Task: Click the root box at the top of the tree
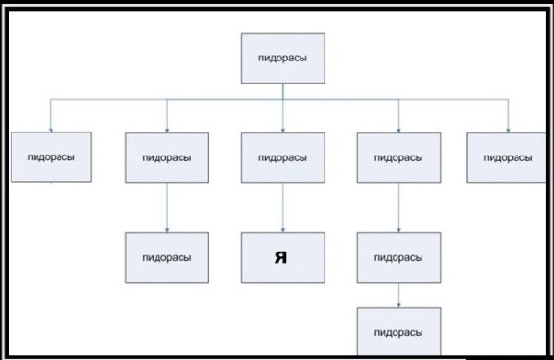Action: (x=283, y=58)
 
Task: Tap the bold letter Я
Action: (x=281, y=257)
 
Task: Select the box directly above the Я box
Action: (x=283, y=157)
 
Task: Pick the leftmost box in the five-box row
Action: (x=51, y=157)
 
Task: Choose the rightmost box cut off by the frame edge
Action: (x=506, y=157)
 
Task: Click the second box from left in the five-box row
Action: (x=167, y=157)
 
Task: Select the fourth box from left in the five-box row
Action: (x=398, y=157)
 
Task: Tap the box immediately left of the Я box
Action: (x=167, y=258)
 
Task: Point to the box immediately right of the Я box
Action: (x=398, y=258)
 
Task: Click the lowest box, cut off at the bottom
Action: (x=398, y=331)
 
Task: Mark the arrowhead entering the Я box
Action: (x=283, y=230)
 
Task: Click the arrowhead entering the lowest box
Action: (x=398, y=305)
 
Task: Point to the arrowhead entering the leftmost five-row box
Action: (x=51, y=130)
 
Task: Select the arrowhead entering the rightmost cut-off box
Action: (x=508, y=131)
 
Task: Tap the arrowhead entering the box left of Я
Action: (x=167, y=230)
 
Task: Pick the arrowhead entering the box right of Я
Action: (x=398, y=230)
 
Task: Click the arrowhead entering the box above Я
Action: (x=283, y=131)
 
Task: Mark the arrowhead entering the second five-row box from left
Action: (x=167, y=131)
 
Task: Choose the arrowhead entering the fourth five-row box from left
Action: (x=398, y=131)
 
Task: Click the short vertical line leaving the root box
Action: (x=283, y=91)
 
